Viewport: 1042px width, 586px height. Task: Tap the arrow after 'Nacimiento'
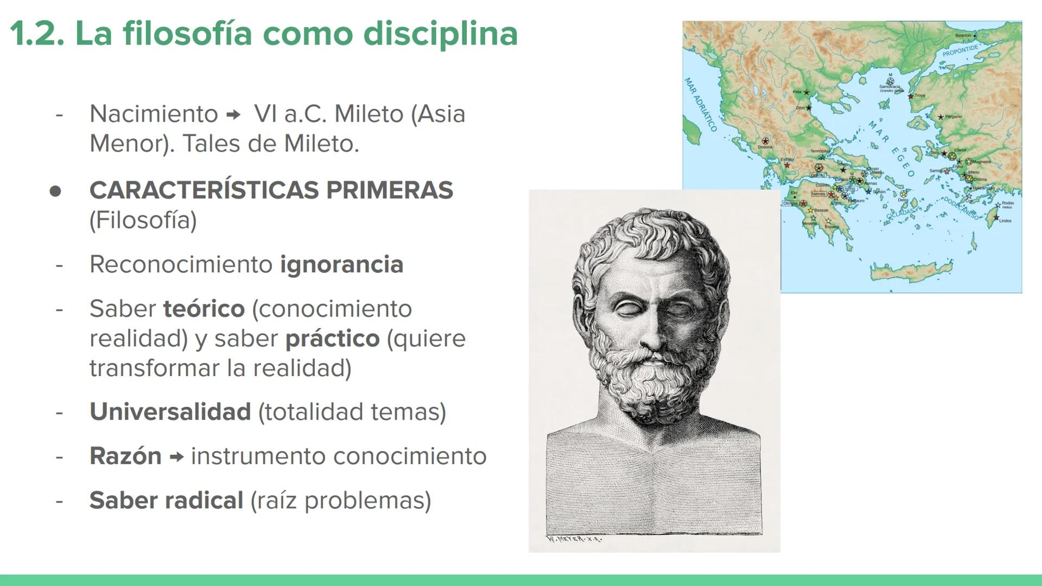pyautogui.click(x=233, y=115)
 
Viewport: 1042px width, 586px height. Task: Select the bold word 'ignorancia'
pyautogui.click(x=341, y=265)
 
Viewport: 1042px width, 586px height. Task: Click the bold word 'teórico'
pyautogui.click(x=204, y=309)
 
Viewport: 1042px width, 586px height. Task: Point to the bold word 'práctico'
pyautogui.click(x=332, y=339)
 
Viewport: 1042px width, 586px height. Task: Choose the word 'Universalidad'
pyautogui.click(x=170, y=412)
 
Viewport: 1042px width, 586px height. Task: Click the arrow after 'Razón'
pyautogui.click(x=176, y=457)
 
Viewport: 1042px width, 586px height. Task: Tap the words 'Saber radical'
pyautogui.click(x=166, y=500)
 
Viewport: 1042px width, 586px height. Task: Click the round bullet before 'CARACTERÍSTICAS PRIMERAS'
pyautogui.click(x=55, y=191)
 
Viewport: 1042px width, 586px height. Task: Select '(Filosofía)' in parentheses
pyautogui.click(x=143, y=220)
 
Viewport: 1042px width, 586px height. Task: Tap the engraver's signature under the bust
pyautogui.click(x=574, y=539)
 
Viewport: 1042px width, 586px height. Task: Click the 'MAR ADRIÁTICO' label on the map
pyautogui.click(x=701, y=105)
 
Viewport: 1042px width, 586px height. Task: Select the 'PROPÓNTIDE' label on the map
pyautogui.click(x=960, y=50)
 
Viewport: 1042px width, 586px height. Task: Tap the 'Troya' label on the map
pyautogui.click(x=919, y=95)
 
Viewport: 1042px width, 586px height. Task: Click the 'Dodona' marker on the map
pyautogui.click(x=765, y=141)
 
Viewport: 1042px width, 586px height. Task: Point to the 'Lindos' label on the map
pyautogui.click(x=1005, y=221)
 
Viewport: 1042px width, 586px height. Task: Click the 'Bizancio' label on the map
pyautogui.click(x=963, y=35)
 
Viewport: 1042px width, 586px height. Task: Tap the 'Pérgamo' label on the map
pyautogui.click(x=954, y=117)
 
